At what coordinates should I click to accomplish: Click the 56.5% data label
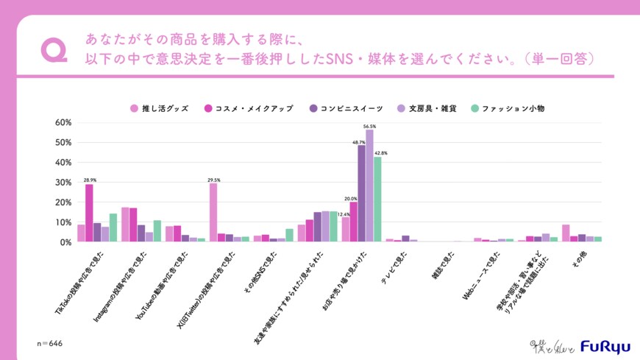370,127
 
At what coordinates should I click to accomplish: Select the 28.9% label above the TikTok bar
89,180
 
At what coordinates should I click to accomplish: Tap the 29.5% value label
213,179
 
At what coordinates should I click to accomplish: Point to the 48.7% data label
360,142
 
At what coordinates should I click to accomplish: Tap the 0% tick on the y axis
64,242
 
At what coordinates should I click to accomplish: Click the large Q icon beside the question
54,49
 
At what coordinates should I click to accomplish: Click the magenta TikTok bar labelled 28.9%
89,213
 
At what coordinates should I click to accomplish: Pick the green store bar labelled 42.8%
378,199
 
